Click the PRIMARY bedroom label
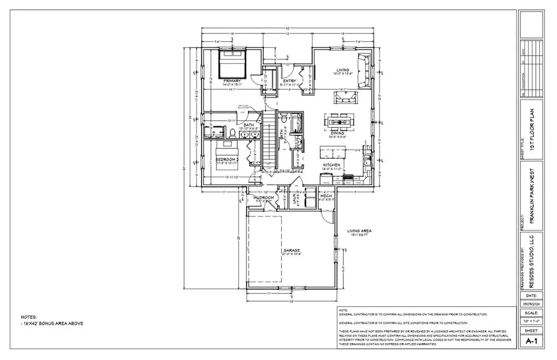pyautogui.click(x=232, y=81)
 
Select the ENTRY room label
pyautogui.click(x=289, y=81)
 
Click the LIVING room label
pyautogui.click(x=342, y=70)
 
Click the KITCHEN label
pyautogui.click(x=332, y=165)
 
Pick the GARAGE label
pyautogui.click(x=292, y=250)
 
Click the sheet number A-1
pyautogui.click(x=531, y=342)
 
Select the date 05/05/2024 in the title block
pyautogui.click(x=531, y=303)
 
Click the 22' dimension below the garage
pyautogui.click(x=292, y=301)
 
